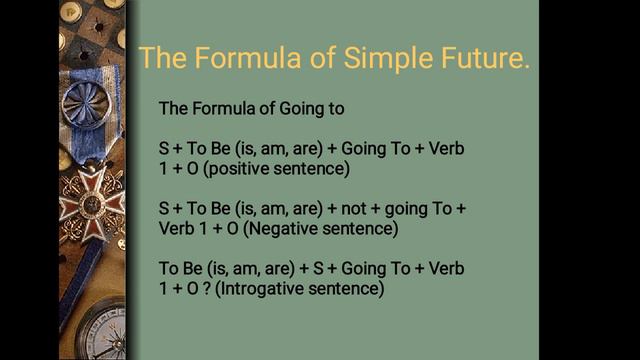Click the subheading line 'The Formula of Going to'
pyautogui.click(x=253, y=108)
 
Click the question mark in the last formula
pyautogui.click(x=203, y=290)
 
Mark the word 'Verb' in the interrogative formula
pyautogui.click(x=443, y=270)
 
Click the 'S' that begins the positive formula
pyautogui.click(x=164, y=149)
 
